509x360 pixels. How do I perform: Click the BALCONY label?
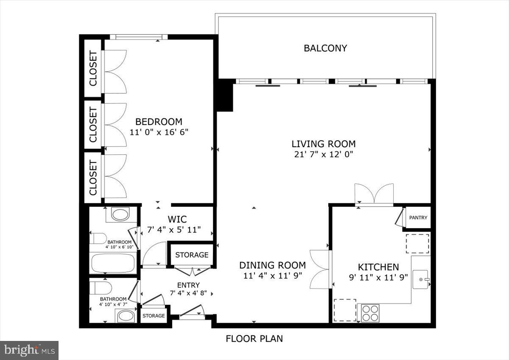click(325, 48)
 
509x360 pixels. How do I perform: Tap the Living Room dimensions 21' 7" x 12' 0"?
click(323, 154)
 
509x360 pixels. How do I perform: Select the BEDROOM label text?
click(159, 122)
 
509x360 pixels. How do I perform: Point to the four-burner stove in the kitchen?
click(370, 314)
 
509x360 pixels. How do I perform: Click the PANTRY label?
click(418, 218)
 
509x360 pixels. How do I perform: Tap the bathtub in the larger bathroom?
click(113, 263)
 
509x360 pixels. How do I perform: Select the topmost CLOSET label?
click(93, 68)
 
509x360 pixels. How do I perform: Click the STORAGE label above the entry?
click(192, 255)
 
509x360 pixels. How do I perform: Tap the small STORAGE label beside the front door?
click(154, 316)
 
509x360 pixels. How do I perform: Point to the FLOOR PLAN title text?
click(254, 339)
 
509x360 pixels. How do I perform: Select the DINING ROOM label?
click(272, 265)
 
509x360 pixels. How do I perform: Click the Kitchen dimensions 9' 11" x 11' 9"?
click(378, 277)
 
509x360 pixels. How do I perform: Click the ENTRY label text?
click(188, 285)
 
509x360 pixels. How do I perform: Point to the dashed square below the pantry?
click(418, 243)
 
